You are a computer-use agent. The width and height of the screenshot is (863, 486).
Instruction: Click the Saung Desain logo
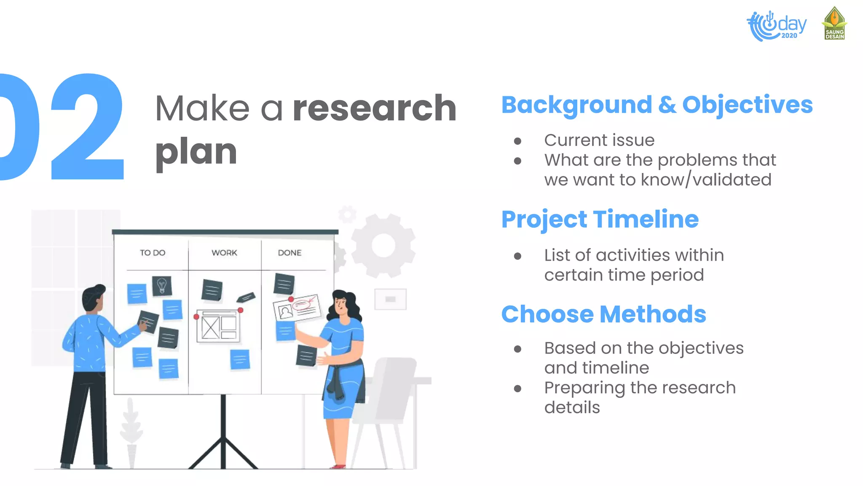[x=834, y=24]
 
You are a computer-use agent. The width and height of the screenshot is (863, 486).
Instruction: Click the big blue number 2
[x=88, y=127]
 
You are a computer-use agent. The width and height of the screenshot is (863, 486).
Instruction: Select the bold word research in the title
[x=374, y=109]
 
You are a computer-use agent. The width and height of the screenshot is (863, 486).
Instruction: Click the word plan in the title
[x=196, y=152]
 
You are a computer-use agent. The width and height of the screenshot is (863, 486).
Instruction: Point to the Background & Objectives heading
[x=657, y=105]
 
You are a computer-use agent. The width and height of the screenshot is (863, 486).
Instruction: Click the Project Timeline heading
[x=600, y=219]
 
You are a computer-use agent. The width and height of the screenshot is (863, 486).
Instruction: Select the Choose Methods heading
[x=603, y=314]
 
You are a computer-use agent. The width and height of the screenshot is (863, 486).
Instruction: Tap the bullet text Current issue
[x=599, y=140]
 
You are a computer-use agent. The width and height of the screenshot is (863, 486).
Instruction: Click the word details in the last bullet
[x=572, y=408]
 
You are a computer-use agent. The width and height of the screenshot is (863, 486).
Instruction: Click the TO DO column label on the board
[x=153, y=253]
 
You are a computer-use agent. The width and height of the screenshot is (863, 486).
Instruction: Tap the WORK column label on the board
[x=224, y=253]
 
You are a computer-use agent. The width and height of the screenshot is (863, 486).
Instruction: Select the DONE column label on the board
[x=289, y=253]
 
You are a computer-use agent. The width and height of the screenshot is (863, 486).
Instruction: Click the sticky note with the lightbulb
[x=162, y=286]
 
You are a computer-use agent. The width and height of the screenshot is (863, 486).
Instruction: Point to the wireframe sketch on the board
[x=218, y=326]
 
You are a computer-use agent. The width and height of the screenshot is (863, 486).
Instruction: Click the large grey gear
[x=383, y=245]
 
